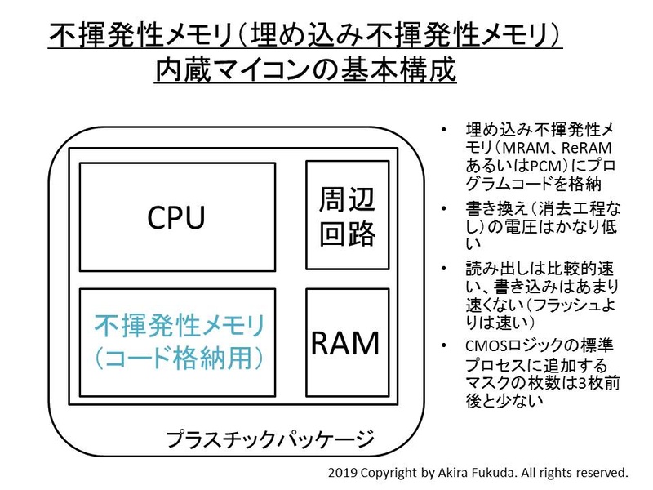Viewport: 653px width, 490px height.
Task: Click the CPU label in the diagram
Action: [x=176, y=217]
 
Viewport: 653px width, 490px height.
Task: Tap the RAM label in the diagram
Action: [x=345, y=343]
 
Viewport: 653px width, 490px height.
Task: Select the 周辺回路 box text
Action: [x=347, y=216]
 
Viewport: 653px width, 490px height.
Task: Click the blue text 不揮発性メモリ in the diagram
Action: [x=181, y=327]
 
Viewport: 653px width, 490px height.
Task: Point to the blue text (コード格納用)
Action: [x=181, y=357]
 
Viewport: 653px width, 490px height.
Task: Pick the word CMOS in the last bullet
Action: [x=486, y=345]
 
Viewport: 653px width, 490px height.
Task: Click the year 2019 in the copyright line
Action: [x=344, y=473]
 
